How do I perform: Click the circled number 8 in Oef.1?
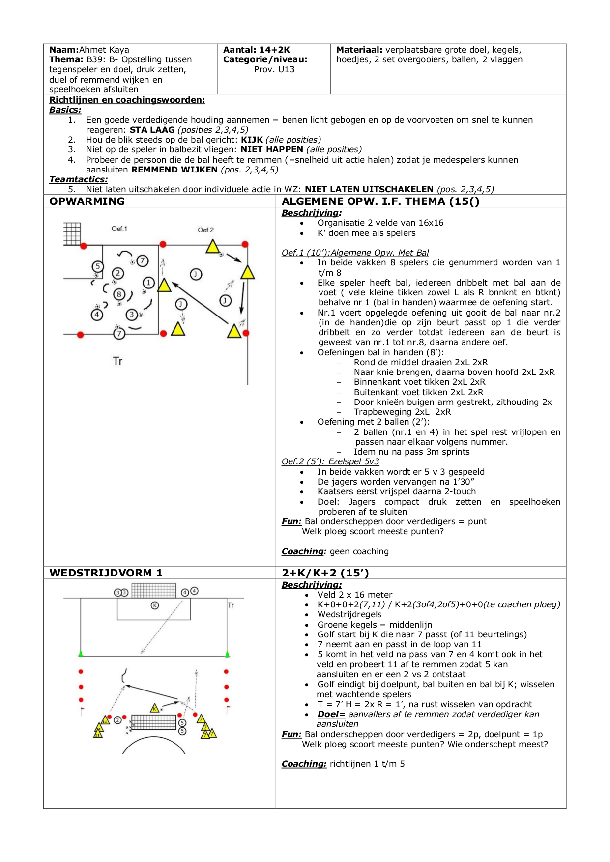point(119,294)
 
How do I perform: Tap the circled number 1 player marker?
point(148,283)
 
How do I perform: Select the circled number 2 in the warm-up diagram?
point(118,273)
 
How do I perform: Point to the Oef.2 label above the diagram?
point(205,230)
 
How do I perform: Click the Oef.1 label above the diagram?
point(119,229)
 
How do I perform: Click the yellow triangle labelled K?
point(155,708)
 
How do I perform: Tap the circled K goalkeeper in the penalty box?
point(155,605)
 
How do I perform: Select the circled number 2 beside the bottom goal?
point(117,720)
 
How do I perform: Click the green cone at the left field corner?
point(81,654)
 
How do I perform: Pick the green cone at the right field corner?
point(227,654)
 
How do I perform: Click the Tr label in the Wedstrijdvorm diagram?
point(231,605)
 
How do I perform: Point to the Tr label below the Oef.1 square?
point(117,361)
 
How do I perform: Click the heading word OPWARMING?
point(87,201)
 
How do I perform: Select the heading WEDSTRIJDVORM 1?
point(106,573)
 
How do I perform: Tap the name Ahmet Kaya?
point(104,50)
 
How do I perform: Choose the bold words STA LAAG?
point(152,130)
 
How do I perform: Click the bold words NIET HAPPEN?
point(272,149)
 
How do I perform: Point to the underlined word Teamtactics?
point(78,179)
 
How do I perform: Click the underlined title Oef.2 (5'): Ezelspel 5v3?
point(330,461)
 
